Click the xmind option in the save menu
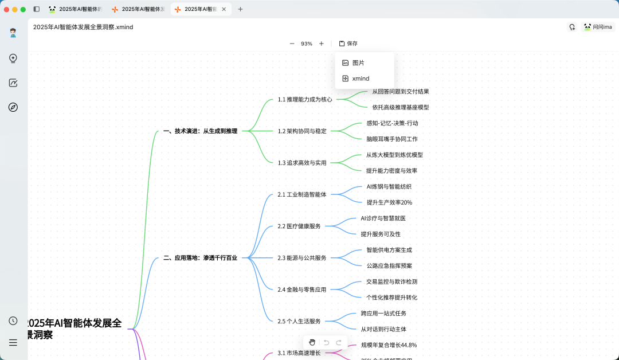point(361,79)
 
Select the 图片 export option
point(358,63)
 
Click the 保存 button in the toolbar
point(348,44)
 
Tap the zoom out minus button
point(292,44)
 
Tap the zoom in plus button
point(322,44)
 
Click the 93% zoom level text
point(307,44)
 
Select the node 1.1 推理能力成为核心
point(305,99)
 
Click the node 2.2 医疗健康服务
point(299,226)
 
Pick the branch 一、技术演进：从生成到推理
point(200,131)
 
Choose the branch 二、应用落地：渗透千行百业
point(200,258)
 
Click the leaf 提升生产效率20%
point(389,202)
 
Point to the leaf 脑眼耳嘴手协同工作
point(392,139)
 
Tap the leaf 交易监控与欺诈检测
point(391,281)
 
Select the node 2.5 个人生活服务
point(299,322)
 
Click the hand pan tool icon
point(312,342)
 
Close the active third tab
point(224,9)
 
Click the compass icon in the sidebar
point(13,107)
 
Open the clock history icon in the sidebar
point(13,321)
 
